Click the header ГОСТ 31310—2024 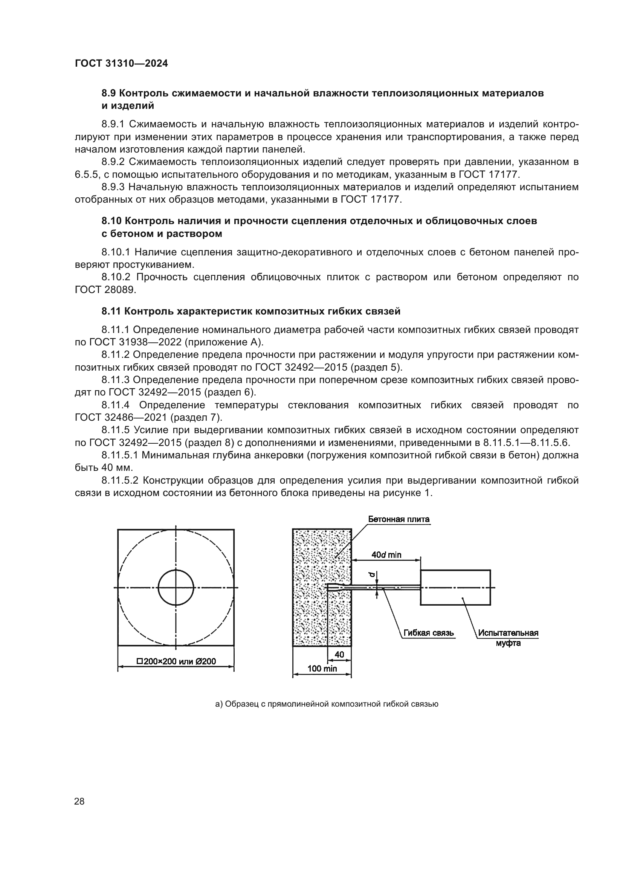[x=121, y=64]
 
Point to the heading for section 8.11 [x=251, y=311]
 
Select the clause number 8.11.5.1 [x=120, y=455]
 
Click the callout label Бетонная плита [x=399, y=519]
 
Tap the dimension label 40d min [x=386, y=555]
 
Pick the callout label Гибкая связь [x=429, y=633]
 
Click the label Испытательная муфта [x=508, y=637]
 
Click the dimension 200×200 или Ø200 [x=176, y=661]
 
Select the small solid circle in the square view [x=176, y=588]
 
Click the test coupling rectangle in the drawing [x=455, y=588]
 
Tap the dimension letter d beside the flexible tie [x=371, y=574]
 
